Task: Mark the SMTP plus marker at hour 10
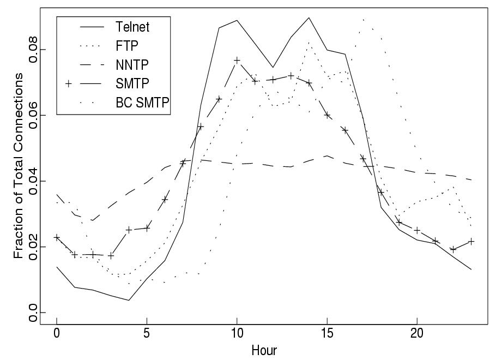pyautogui.click(x=237, y=60)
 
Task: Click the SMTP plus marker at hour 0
pyautogui.click(x=57, y=237)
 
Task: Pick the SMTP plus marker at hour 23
pyautogui.click(x=471, y=241)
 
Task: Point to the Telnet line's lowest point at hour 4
pyautogui.click(x=129, y=300)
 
